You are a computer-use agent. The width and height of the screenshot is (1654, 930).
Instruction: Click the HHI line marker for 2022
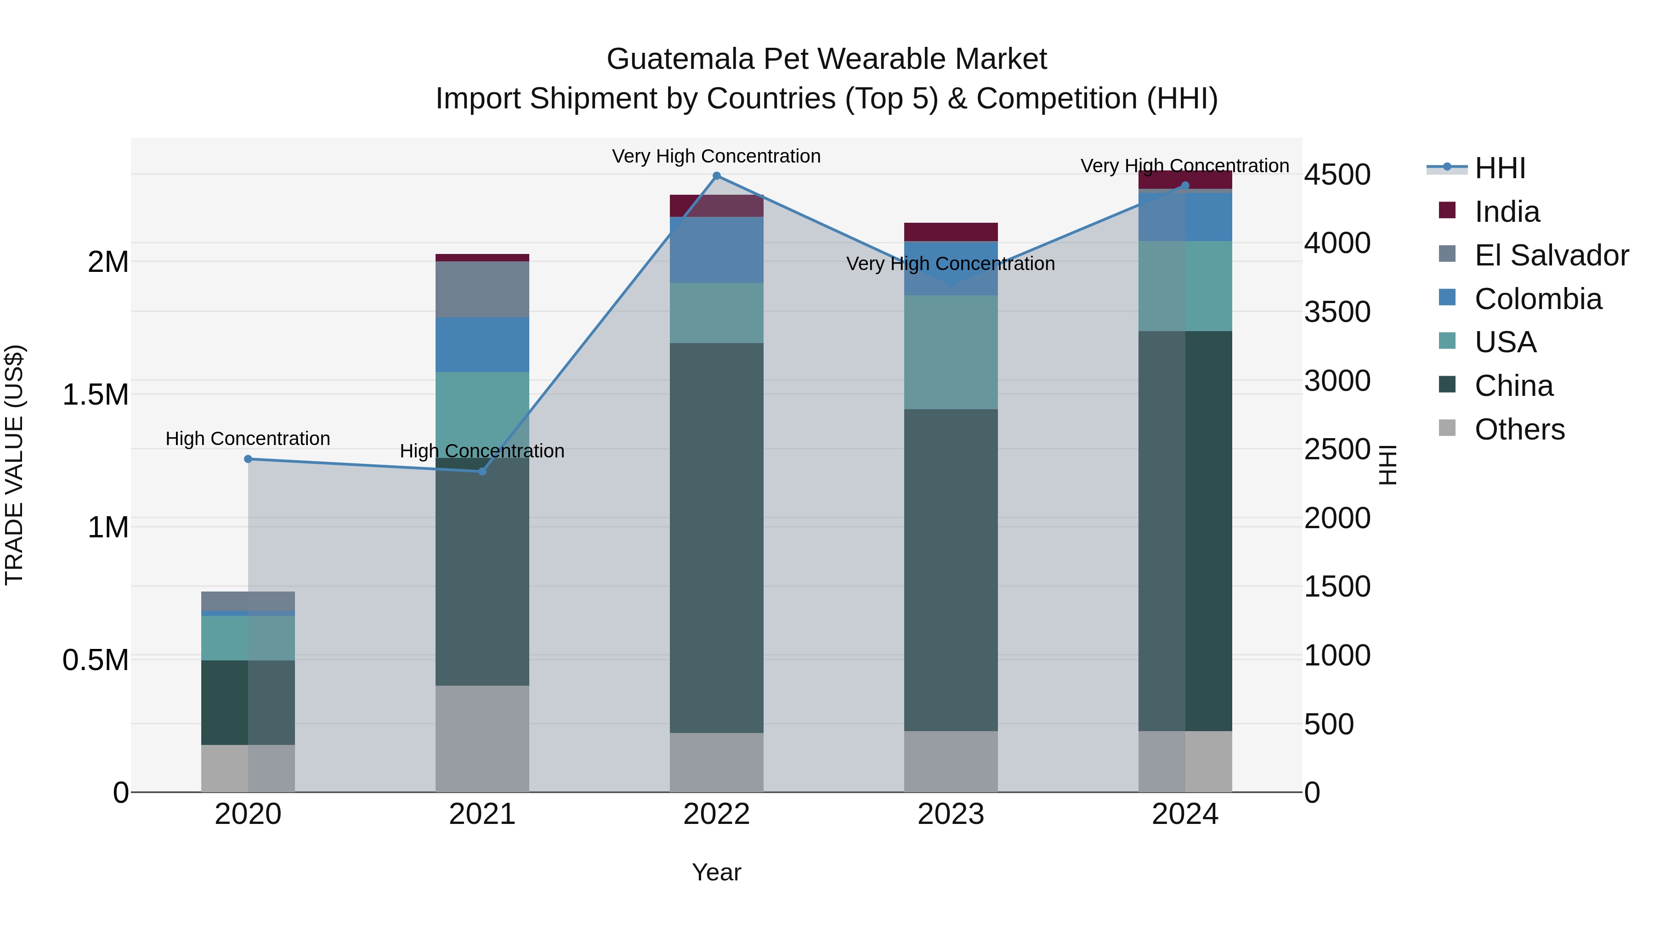click(x=717, y=176)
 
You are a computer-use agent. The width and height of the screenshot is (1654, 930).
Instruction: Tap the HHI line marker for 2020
click(x=248, y=459)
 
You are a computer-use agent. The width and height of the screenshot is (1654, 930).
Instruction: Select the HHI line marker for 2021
click(x=482, y=472)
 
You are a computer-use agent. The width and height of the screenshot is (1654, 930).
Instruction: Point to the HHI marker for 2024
click(x=1185, y=186)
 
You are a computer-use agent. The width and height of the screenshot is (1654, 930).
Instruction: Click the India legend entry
click(x=1507, y=212)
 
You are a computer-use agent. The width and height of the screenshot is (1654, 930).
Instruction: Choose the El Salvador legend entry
click(x=1551, y=255)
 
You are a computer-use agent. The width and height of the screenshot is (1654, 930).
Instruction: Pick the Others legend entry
click(x=1519, y=429)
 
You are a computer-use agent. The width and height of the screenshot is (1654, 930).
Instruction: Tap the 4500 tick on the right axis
click(x=1337, y=175)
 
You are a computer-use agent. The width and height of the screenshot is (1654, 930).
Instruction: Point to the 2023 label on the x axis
click(x=951, y=814)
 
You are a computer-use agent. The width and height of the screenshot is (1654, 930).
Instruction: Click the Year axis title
click(x=717, y=872)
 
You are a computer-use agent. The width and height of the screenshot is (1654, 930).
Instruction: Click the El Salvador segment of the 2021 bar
click(x=482, y=289)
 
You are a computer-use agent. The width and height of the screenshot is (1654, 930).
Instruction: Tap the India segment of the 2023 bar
click(x=951, y=232)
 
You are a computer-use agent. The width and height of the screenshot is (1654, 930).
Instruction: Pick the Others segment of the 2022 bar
click(x=717, y=762)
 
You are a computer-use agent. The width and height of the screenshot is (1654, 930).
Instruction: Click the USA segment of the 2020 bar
click(x=248, y=638)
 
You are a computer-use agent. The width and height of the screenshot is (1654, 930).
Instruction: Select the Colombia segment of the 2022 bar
click(x=717, y=250)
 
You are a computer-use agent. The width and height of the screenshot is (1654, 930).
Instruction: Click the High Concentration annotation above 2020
click(x=248, y=439)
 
